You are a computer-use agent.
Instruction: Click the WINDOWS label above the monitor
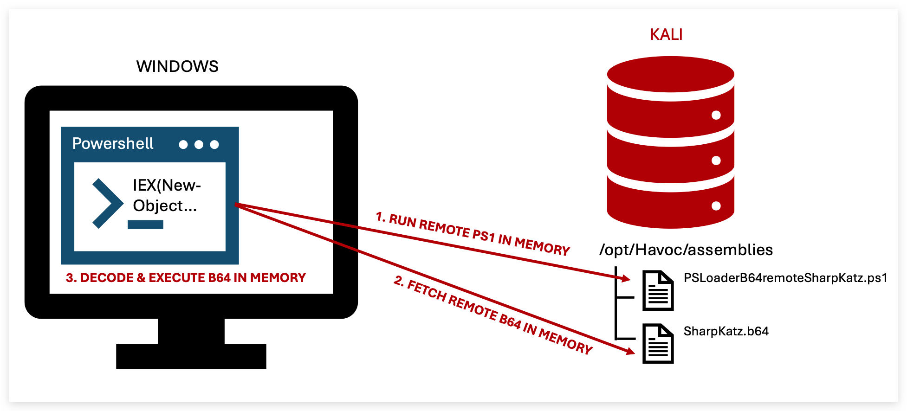point(177,66)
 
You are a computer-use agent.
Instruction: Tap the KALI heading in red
point(666,35)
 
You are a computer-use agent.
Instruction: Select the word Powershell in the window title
point(113,144)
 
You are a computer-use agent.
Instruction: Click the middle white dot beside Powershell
point(199,145)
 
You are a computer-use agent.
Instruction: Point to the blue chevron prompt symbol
point(108,203)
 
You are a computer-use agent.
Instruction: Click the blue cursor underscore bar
point(145,225)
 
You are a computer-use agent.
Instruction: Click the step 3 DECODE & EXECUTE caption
point(186,278)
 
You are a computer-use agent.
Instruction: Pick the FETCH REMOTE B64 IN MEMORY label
point(493,315)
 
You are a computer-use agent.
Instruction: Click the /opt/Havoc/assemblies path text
point(686,250)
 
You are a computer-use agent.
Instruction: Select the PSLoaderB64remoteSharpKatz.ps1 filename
point(785,278)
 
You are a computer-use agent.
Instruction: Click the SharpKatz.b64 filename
point(726,331)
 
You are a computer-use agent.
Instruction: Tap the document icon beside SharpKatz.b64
point(658,344)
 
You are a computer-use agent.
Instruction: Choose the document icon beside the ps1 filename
point(658,290)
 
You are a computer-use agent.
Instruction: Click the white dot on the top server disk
point(716,115)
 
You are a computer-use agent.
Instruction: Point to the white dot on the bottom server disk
point(716,206)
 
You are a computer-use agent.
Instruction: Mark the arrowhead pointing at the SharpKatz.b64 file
point(629,351)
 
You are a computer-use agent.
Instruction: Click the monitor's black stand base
point(191,356)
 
